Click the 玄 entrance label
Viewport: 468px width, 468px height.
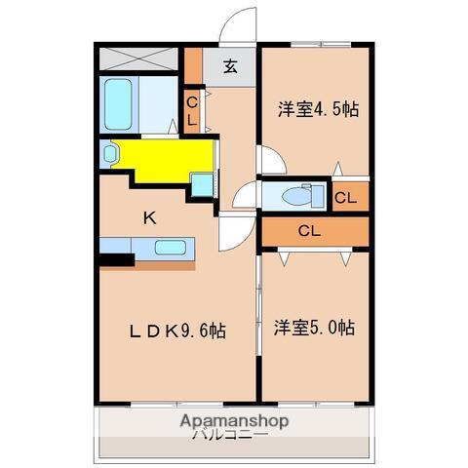230,67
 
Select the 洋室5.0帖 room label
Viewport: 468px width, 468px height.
314,328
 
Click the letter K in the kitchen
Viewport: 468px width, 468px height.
150,217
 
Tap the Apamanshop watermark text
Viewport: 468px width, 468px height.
234,421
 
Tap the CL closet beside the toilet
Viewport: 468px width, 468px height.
346,197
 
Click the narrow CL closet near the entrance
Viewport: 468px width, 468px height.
193,111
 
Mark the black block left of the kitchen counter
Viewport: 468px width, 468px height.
115,258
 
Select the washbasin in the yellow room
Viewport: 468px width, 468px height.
109,153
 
